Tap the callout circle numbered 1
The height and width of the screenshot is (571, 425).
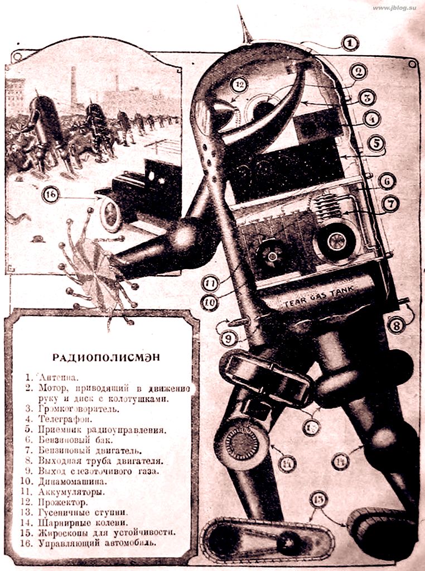click(350, 43)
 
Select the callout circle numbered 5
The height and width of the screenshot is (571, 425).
click(376, 143)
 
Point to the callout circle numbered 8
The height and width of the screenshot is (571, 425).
click(395, 324)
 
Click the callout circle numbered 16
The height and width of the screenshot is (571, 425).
click(50, 195)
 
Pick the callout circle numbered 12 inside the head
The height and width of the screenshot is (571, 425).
click(240, 85)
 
